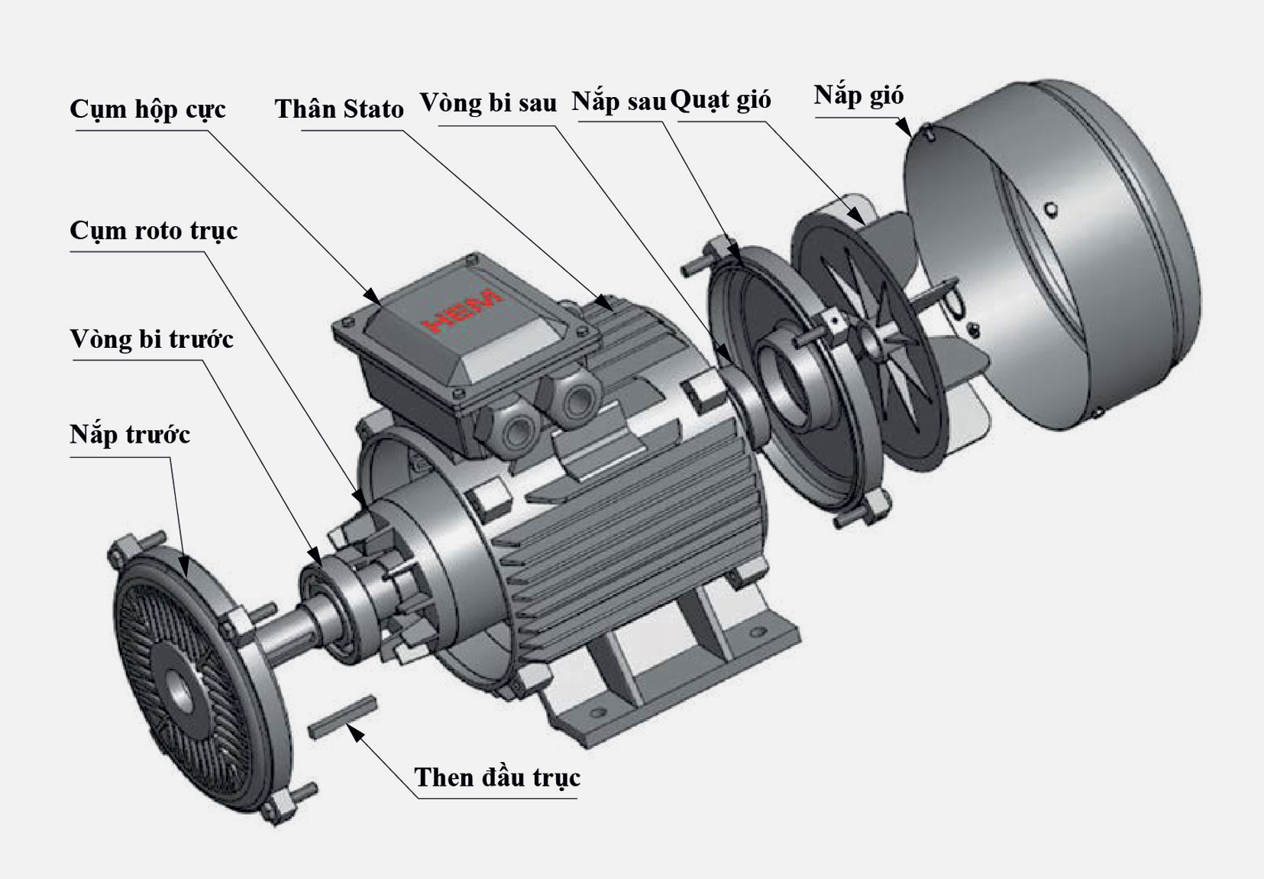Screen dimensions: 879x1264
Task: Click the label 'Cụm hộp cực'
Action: click(147, 109)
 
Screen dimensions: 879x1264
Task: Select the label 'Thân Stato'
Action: click(339, 109)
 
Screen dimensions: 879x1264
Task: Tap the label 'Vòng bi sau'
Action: click(488, 102)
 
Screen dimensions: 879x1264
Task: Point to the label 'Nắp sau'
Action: click(619, 102)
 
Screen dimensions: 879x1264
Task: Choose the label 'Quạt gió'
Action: click(720, 100)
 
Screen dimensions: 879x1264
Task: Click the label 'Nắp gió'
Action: click(858, 96)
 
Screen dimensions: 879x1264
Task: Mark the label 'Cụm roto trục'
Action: click(154, 231)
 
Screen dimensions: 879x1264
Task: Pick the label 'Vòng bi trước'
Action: click(151, 339)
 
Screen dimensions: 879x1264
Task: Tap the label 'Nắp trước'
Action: click(130, 435)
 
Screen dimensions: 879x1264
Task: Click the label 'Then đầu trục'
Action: click(497, 777)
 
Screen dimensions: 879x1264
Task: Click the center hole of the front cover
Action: click(180, 689)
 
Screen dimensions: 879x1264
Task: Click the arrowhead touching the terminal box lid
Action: click(373, 299)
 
